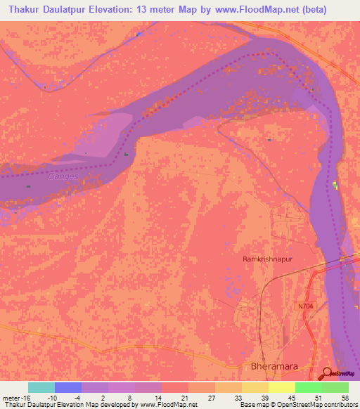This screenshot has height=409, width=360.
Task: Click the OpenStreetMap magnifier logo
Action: [328, 372]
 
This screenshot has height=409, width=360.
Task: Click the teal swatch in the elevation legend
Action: [41, 387]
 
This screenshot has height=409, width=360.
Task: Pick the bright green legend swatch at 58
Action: [335, 387]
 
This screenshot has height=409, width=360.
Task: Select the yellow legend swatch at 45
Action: [281, 387]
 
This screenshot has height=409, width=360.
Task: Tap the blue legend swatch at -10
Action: [68, 387]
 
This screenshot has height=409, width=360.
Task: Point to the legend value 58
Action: [344, 397]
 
